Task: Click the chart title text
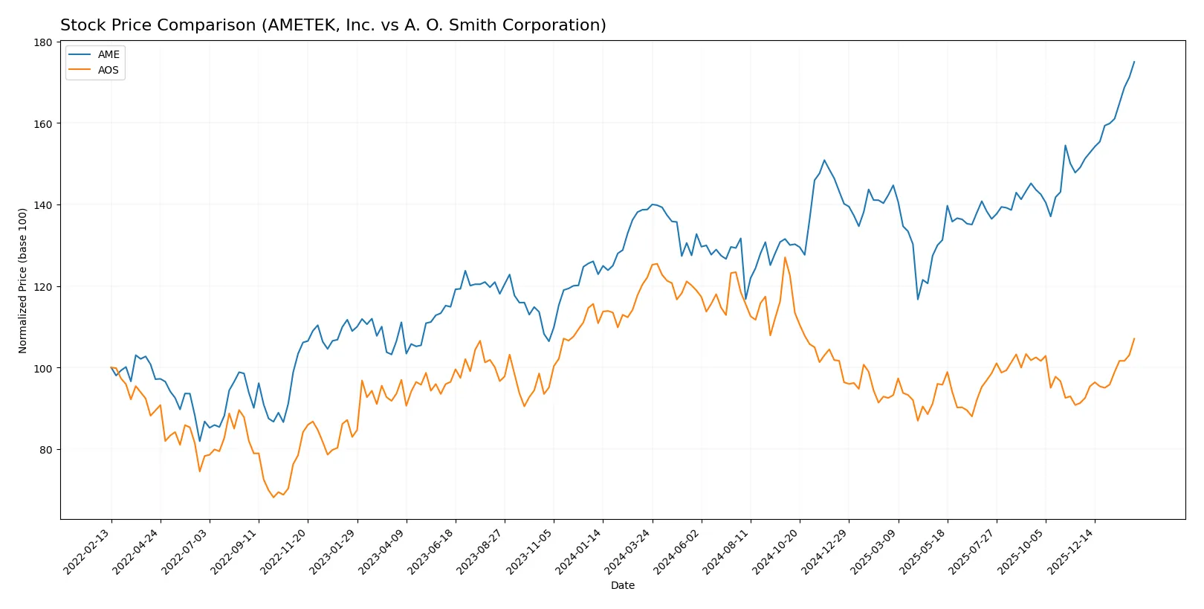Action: click(x=333, y=25)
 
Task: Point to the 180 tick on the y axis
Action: click(x=43, y=42)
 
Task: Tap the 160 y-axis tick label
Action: click(x=43, y=124)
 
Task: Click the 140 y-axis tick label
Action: click(x=43, y=205)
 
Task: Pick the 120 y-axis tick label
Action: click(x=43, y=287)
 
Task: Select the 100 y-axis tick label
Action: click(x=43, y=368)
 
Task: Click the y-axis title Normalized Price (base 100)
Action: click(x=23, y=280)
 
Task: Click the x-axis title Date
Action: click(x=622, y=585)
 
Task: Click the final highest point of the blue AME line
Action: click(x=1134, y=62)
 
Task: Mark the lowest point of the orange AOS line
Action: click(x=274, y=497)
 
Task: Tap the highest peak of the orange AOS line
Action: click(x=785, y=257)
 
